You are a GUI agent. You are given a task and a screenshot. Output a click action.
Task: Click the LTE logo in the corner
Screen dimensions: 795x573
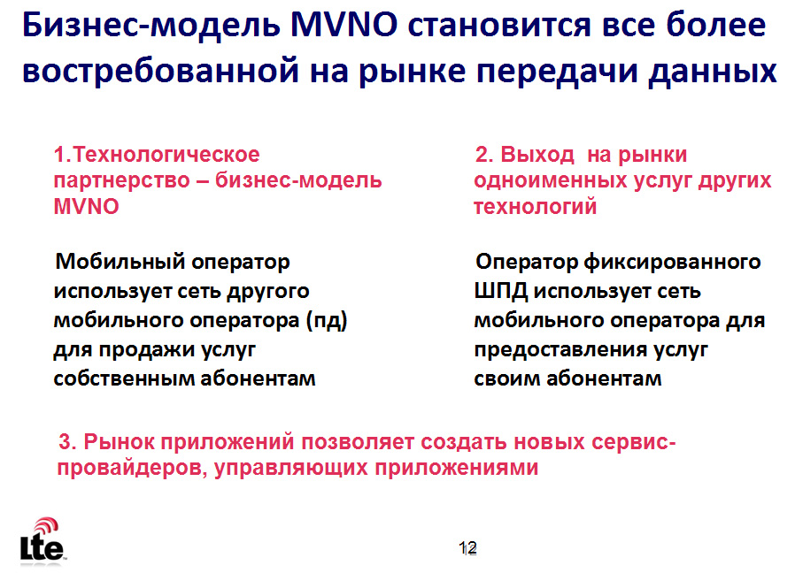(42, 541)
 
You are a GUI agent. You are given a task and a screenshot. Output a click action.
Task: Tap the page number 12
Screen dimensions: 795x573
(467, 548)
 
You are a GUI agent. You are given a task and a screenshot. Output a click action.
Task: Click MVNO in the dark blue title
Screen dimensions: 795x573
(343, 25)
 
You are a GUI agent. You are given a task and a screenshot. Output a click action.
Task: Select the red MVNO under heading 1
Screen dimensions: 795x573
(86, 207)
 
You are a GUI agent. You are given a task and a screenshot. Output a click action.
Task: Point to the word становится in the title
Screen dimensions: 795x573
(499, 25)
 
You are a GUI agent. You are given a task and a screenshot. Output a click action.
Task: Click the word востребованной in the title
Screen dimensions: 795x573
(161, 71)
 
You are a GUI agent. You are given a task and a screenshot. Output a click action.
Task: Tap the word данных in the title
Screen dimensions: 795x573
(713, 72)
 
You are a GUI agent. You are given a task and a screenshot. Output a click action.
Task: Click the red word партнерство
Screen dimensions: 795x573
(121, 181)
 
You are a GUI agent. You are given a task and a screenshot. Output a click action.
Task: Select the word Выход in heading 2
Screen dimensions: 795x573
(537, 155)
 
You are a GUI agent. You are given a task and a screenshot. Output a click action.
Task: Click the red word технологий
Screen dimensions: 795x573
(535, 207)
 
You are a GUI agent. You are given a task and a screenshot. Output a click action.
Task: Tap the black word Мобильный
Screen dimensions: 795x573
(120, 262)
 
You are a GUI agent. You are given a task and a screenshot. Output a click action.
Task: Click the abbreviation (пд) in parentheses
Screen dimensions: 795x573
(327, 321)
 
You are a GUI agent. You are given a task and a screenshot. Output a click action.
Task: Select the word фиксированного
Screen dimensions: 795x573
(672, 262)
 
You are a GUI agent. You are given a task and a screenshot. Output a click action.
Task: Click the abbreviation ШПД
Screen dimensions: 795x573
(501, 292)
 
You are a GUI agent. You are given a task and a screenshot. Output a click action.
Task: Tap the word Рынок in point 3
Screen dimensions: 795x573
(120, 442)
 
